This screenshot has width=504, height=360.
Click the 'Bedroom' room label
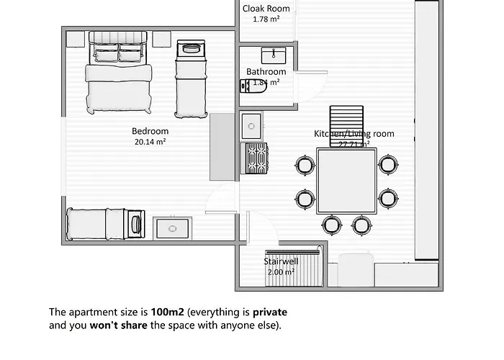(150, 131)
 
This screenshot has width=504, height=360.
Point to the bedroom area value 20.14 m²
(150, 142)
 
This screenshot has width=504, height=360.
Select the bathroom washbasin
(273, 55)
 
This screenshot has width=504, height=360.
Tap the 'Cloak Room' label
(266, 9)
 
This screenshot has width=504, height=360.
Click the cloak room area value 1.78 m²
(266, 19)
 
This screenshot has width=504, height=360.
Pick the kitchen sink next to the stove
(252, 126)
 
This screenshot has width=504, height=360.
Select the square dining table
(346, 181)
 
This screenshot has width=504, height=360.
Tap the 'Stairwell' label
(279, 261)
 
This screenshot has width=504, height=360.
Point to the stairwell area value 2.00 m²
(280, 272)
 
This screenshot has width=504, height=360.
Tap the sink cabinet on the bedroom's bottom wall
(173, 227)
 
